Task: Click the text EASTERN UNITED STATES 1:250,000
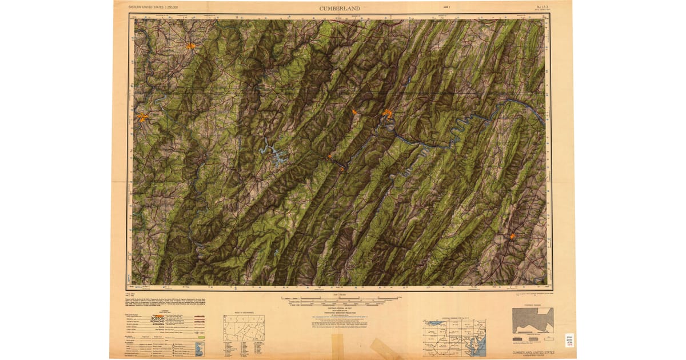[x=153, y=7]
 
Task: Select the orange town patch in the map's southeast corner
[x=512, y=236]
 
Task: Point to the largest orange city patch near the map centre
[x=388, y=114]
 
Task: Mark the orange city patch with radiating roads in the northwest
[x=190, y=46]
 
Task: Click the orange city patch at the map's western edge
[x=142, y=118]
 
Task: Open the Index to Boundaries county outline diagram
[x=244, y=329]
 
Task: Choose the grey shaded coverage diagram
[x=532, y=321]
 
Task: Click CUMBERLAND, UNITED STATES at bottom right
[x=531, y=353]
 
